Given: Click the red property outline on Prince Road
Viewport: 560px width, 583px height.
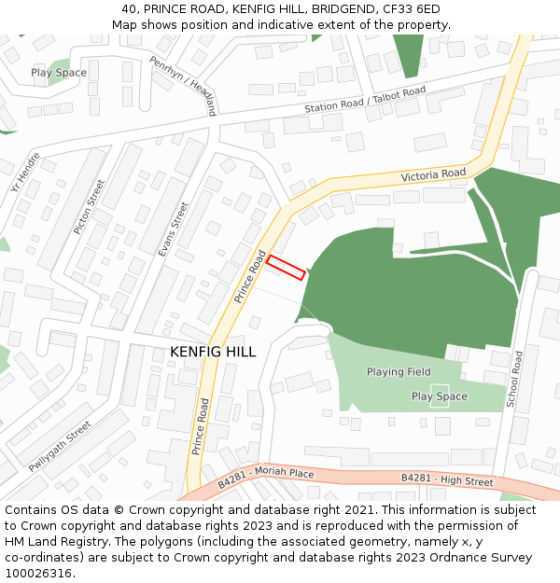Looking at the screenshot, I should (286, 268).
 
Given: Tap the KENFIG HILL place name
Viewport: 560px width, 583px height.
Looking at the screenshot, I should (213, 352).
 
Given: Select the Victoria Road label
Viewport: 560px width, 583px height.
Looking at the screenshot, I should (432, 175).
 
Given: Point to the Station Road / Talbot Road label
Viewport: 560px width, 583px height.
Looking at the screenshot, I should (365, 102).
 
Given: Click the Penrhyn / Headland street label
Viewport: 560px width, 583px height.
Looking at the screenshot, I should (183, 85).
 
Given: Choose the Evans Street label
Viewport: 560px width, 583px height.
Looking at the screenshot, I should (173, 229).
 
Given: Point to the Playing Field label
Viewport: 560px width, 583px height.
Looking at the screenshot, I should (399, 372).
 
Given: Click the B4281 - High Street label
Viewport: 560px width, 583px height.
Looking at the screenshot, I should (447, 480).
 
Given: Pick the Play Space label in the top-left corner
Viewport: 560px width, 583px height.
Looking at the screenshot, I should (59, 73).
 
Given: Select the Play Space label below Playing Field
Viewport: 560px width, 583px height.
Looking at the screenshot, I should (439, 396).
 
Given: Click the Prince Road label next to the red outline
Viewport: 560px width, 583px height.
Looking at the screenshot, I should (244, 278).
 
